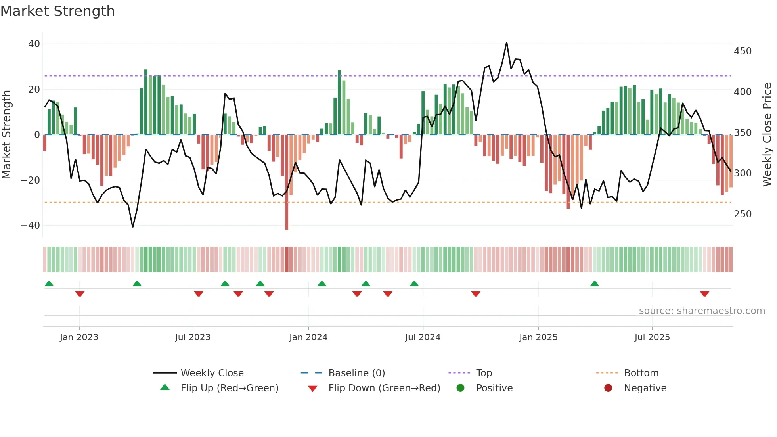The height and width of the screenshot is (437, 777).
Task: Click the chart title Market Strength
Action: (57, 11)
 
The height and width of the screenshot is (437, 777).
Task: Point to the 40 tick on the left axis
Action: (34, 44)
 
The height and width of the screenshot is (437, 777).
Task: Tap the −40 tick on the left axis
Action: (31, 226)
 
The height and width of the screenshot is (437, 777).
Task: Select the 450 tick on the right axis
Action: (743, 51)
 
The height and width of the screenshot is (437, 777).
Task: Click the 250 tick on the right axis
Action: (743, 214)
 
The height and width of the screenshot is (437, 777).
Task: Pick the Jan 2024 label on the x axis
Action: (308, 337)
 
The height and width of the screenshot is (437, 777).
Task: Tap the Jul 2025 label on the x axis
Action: (652, 337)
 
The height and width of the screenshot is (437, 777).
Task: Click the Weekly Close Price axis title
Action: (767, 135)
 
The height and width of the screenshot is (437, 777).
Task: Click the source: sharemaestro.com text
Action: (702, 311)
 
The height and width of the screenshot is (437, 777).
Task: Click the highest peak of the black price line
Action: (507, 43)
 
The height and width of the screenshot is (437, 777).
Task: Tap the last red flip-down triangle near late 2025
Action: (704, 294)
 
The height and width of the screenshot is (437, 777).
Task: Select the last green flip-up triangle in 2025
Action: (594, 284)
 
